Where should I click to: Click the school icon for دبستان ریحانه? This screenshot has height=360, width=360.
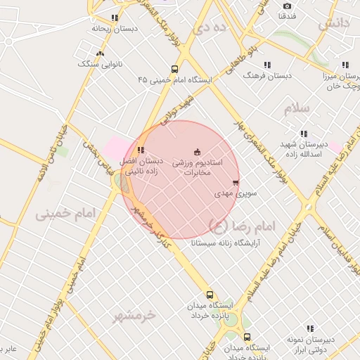click(x=114, y=18)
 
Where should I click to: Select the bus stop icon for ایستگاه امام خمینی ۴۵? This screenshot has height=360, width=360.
click(x=174, y=69)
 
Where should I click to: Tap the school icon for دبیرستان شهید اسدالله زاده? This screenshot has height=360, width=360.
click(x=304, y=134)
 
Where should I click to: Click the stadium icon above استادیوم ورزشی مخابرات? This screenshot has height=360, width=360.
click(x=196, y=150)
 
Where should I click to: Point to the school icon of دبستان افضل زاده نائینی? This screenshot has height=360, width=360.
click(x=141, y=150)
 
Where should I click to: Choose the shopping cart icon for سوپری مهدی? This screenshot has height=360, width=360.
click(x=236, y=183)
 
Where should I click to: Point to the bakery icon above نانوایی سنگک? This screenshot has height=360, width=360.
click(x=100, y=53)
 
